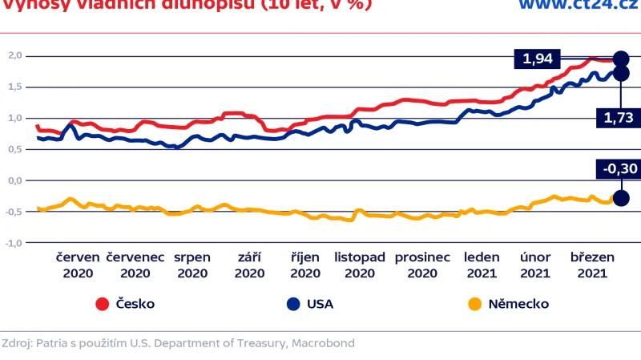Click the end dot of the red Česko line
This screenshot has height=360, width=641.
click(621, 59)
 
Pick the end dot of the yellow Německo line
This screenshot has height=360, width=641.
click(621, 198)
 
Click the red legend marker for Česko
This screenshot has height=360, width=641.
click(102, 304)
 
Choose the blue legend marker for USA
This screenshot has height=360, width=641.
click(293, 304)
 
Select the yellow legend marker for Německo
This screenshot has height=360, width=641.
click(474, 304)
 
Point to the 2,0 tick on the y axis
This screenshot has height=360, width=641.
click(14, 55)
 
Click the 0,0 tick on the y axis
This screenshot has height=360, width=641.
click(14, 180)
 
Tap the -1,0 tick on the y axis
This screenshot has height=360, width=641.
click(14, 242)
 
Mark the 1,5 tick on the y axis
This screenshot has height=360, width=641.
click(14, 87)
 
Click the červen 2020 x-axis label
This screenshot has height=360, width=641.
click(78, 265)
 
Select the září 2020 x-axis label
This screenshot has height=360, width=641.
click(250, 265)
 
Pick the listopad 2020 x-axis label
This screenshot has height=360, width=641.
click(360, 265)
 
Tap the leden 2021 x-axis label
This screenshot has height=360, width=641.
click(482, 265)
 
